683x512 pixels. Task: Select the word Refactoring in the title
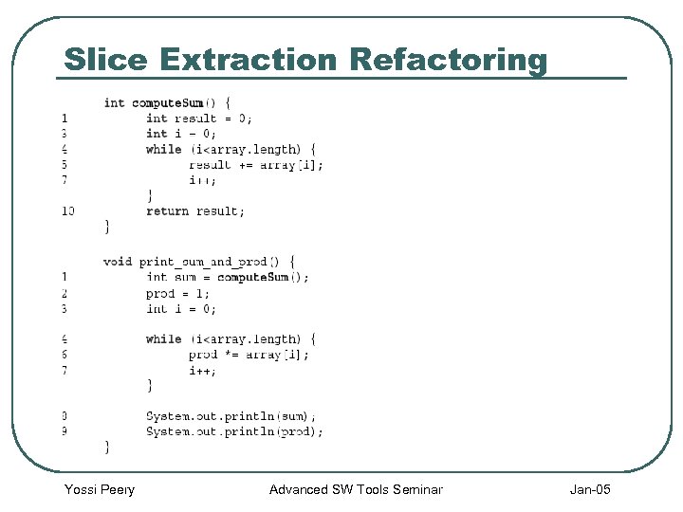click(448, 60)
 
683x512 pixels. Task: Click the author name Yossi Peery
click(100, 489)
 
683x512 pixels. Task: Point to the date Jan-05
click(590, 489)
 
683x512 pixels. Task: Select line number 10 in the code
click(67, 210)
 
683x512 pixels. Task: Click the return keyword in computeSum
click(168, 210)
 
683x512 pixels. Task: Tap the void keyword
click(118, 261)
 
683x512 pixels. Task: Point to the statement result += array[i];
click(255, 164)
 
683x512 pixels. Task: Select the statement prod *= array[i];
click(249, 355)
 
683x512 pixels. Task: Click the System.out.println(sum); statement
click(231, 415)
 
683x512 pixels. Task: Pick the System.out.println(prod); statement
click(234, 431)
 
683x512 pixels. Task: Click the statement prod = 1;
click(177, 293)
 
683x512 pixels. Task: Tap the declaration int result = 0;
click(199, 119)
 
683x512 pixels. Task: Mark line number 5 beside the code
click(64, 164)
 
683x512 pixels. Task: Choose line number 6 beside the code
click(64, 355)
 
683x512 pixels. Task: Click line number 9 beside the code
click(64, 431)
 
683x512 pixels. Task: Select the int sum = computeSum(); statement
click(228, 277)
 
